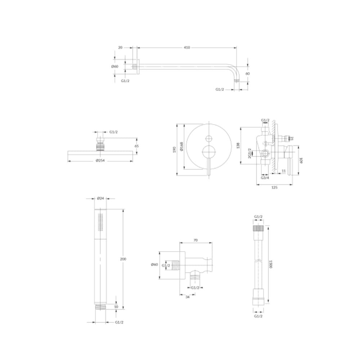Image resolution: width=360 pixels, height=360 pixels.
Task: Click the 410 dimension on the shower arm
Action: (x=187, y=48)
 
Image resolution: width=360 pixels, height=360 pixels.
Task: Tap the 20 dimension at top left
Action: (x=120, y=48)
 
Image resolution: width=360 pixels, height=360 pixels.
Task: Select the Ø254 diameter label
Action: (x=100, y=160)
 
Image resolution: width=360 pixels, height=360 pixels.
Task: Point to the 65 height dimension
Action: (x=136, y=146)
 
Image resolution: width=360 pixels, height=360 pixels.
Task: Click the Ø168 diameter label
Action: (x=181, y=147)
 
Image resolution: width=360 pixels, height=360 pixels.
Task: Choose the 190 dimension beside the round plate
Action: (x=174, y=150)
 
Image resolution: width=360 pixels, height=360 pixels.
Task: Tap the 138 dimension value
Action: (x=238, y=145)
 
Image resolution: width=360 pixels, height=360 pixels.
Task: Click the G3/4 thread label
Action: (x=265, y=177)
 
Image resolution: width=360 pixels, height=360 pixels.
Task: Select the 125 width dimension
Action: (x=274, y=187)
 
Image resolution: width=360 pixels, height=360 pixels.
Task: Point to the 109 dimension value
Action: (x=301, y=161)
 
